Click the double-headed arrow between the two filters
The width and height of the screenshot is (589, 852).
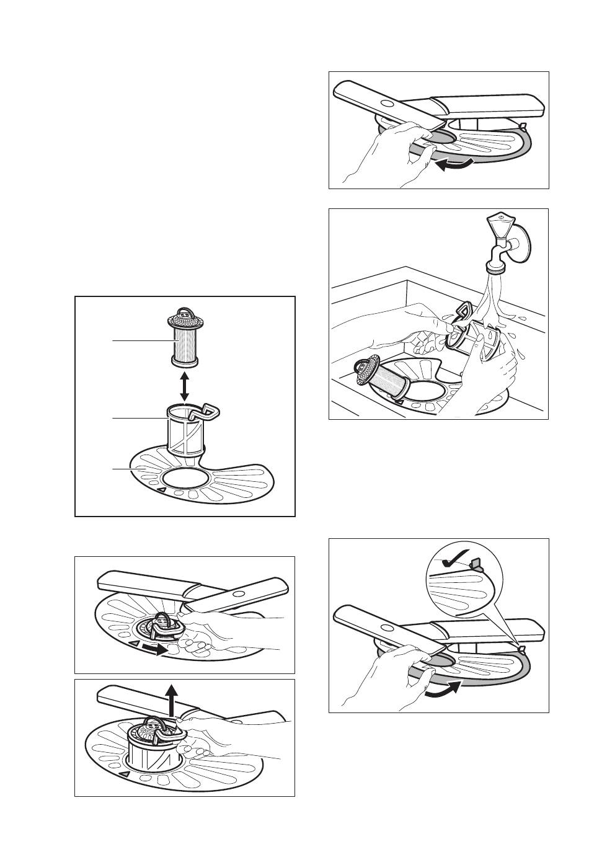[x=184, y=387]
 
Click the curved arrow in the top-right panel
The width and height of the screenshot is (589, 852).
[x=452, y=164]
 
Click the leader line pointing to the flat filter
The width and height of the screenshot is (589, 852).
[x=121, y=470]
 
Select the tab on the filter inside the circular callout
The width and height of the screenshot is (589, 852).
[x=476, y=563]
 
